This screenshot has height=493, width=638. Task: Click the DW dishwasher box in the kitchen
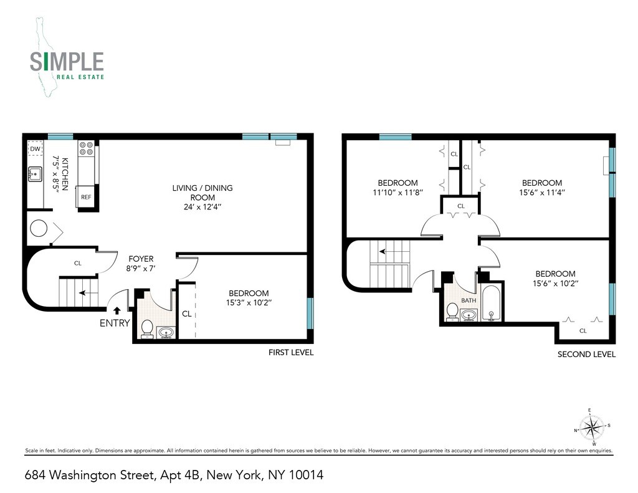(x=36, y=150)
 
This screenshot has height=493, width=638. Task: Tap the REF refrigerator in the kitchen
(x=85, y=197)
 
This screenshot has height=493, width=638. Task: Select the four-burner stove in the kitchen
(x=86, y=150)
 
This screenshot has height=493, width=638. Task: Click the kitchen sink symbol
(x=36, y=175)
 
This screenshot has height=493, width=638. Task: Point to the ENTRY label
(x=115, y=323)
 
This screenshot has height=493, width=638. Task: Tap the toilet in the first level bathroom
(x=148, y=328)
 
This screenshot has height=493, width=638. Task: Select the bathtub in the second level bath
(x=492, y=304)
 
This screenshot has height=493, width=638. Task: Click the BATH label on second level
(x=468, y=300)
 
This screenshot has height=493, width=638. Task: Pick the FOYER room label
(x=141, y=259)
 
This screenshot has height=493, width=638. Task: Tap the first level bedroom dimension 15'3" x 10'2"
(x=249, y=304)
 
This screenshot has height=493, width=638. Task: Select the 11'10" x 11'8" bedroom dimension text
(x=398, y=193)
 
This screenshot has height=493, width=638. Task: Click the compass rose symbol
(x=592, y=428)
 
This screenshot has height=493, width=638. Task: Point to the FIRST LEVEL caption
(x=290, y=352)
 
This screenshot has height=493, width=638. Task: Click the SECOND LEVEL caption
(x=586, y=354)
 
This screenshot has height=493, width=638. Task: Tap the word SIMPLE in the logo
(x=67, y=62)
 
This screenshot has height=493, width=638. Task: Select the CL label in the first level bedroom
(x=186, y=314)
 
